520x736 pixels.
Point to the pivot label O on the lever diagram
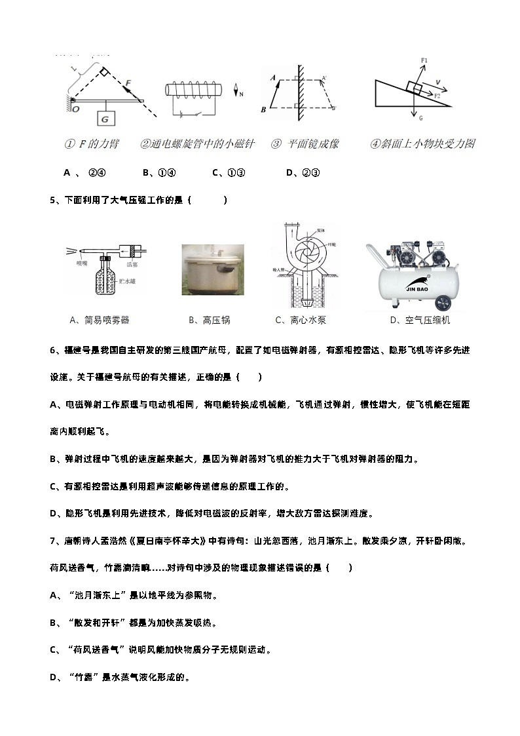tap(75, 109)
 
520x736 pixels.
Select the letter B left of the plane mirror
tap(263, 109)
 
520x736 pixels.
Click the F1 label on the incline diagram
tap(424, 61)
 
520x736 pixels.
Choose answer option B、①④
tap(158, 173)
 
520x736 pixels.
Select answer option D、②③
tap(302, 173)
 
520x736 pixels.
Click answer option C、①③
tap(229, 173)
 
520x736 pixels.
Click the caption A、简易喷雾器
tap(100, 320)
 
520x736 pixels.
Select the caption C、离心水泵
tap(301, 320)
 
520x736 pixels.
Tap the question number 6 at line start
tap(52, 351)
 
